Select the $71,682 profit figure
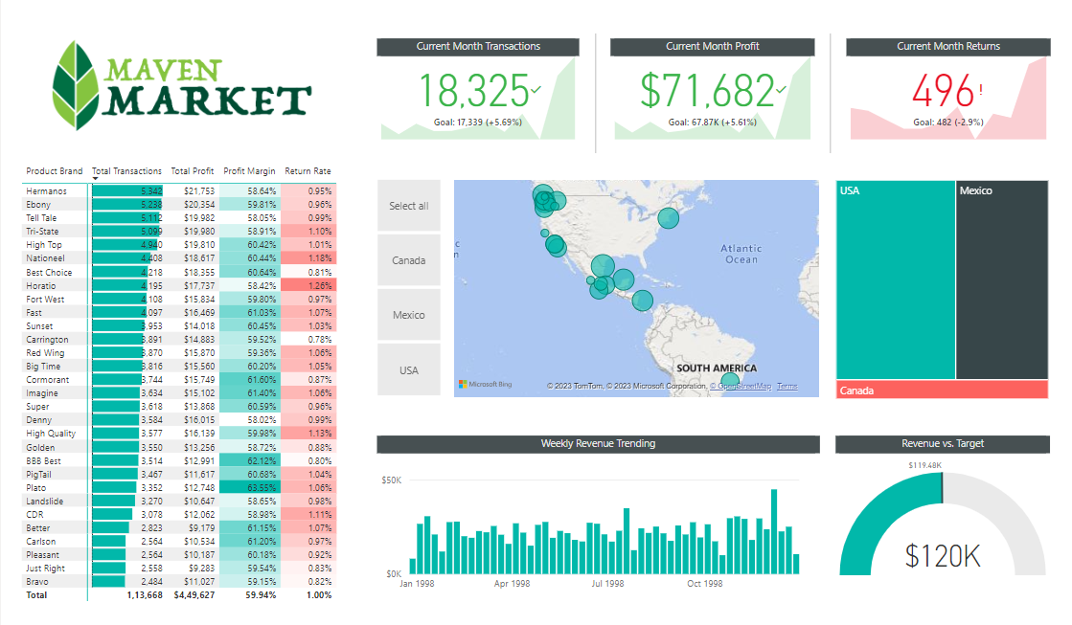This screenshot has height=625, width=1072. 707,91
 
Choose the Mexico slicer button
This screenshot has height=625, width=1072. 409,315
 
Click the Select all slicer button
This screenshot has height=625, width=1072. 409,206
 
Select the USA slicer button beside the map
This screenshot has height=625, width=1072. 409,370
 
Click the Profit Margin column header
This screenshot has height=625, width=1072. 249,171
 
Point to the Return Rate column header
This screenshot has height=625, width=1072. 308,171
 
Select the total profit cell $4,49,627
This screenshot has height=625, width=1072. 194,595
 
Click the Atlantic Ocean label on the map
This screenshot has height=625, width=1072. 741,254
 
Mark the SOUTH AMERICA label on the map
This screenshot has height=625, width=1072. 715,368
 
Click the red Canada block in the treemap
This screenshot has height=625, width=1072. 942,391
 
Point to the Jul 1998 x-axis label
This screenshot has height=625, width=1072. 607,584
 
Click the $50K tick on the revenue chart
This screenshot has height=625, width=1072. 391,480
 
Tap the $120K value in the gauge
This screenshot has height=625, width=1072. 943,555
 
